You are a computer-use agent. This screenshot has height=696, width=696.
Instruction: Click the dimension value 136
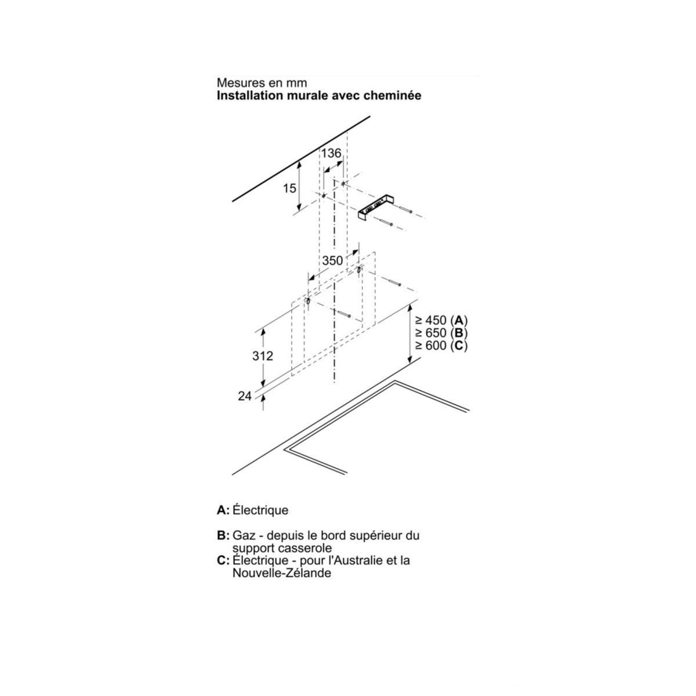(x=331, y=153)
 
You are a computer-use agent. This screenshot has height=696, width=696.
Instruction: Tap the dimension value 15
(x=289, y=188)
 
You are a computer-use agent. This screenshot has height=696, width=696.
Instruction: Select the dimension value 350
(x=332, y=260)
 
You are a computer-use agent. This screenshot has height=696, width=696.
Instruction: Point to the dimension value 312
(x=263, y=356)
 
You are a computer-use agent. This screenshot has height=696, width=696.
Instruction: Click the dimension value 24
(x=245, y=396)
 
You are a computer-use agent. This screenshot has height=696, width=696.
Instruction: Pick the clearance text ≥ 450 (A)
(x=441, y=320)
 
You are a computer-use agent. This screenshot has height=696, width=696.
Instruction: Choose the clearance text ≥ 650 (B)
(x=441, y=333)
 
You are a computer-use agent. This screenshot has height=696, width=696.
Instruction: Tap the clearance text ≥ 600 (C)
(x=441, y=346)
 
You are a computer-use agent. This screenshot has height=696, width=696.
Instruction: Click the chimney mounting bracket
(x=376, y=208)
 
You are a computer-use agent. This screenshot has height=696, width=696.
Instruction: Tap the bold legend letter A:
(x=223, y=510)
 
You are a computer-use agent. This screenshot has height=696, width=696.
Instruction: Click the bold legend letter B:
(x=223, y=535)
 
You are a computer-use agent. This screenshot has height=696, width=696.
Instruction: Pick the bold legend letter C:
(x=223, y=560)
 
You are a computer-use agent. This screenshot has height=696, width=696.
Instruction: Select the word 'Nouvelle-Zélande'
(x=282, y=573)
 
